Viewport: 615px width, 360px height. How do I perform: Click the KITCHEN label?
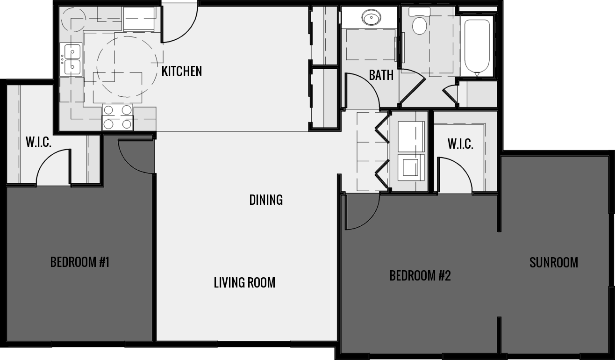[182, 72]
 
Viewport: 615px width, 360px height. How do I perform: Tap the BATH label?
[381, 75]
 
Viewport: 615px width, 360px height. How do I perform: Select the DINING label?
[266, 200]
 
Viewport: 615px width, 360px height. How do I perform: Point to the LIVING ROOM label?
[244, 283]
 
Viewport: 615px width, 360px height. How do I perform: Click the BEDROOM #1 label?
[79, 262]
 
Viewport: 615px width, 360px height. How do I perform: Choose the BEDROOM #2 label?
[420, 276]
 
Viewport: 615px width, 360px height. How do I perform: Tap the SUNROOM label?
[553, 263]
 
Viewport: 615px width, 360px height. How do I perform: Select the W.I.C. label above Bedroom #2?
[460, 144]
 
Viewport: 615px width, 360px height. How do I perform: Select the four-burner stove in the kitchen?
[118, 117]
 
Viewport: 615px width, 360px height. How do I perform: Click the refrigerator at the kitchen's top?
[139, 19]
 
